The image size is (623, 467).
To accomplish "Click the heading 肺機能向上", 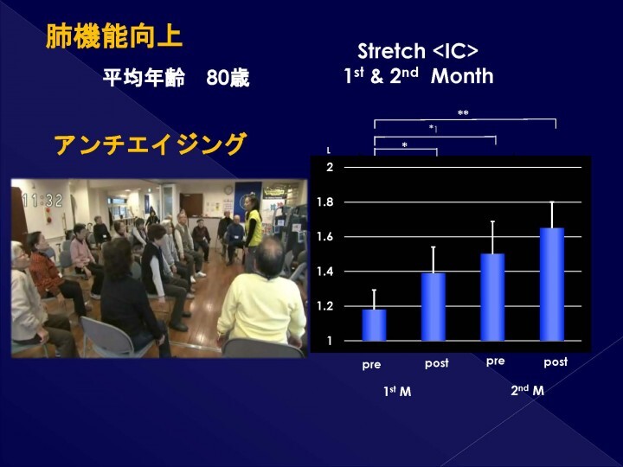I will pos(113,38).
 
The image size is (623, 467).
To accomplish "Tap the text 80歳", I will pos(228,79).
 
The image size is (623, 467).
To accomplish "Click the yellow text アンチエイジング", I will pos(150,144).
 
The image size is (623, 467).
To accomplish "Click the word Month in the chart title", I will pos(462,76).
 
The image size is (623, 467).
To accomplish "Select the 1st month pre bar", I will pos(374,324).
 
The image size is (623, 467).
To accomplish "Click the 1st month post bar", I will pos(434,306).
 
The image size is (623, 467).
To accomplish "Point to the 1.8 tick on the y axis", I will pos(324,202).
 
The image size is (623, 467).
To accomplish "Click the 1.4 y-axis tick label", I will pos(324,272).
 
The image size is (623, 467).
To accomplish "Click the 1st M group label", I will pos(397,392).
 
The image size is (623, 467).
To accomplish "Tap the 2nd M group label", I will pos(527,391).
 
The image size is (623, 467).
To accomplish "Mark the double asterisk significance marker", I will pos(463,113).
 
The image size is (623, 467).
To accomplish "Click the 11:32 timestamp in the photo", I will pos(42,200).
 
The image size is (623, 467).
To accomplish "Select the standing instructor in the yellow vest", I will pos(252,225).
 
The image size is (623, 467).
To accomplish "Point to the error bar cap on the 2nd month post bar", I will pos(552,202).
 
